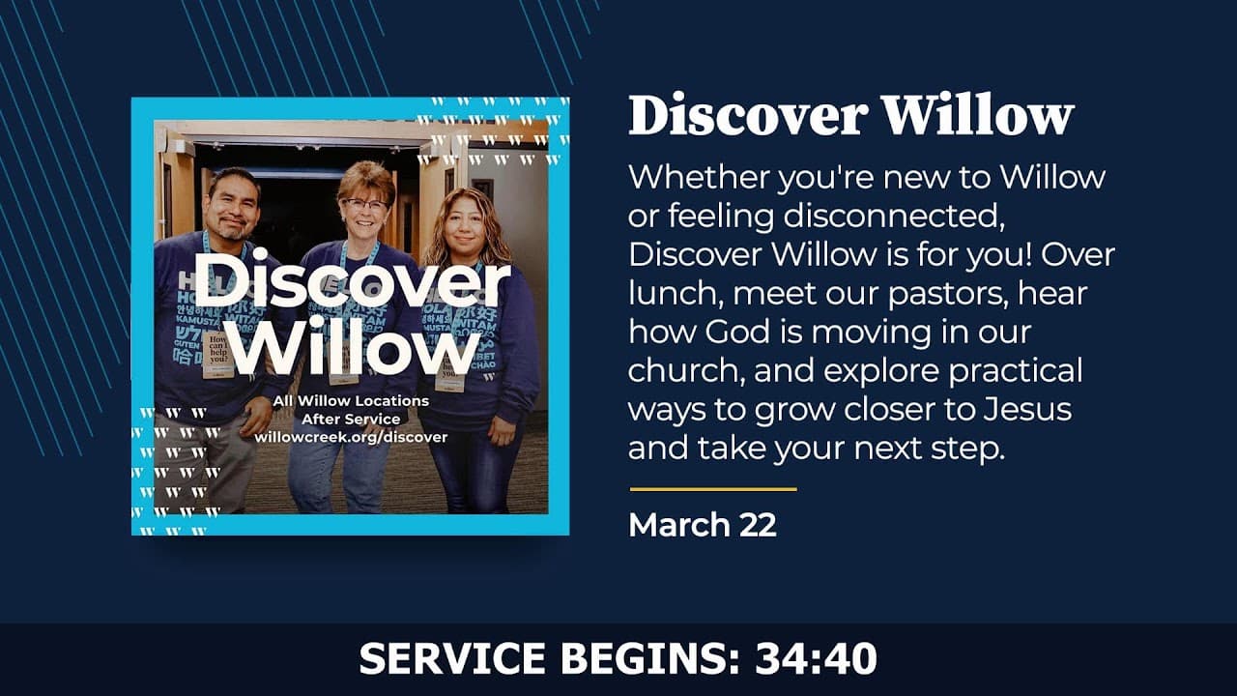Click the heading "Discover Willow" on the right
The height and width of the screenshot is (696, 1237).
pos(850,116)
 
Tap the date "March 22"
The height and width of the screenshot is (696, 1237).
pos(702,525)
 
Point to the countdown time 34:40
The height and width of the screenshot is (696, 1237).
pos(817,659)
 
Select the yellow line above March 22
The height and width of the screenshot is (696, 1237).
pos(713,489)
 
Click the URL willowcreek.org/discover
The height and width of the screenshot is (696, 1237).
pos(351,437)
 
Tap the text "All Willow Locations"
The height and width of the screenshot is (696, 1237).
pos(351,400)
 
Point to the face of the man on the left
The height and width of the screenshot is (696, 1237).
pos(232,211)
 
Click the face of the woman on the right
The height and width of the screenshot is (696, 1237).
pos(467,230)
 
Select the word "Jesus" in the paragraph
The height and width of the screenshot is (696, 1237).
pos(1027,409)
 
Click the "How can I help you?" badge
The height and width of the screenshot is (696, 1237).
pos(217,352)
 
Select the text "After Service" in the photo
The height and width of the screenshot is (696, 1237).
pos(351,419)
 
